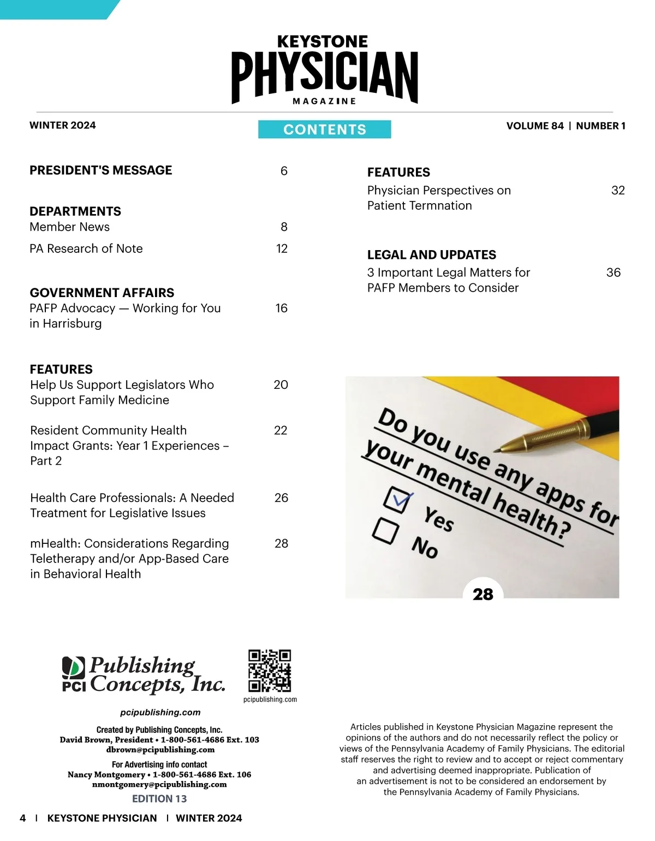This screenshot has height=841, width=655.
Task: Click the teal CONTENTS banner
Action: click(324, 129)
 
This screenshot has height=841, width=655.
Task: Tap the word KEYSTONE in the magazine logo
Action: click(323, 42)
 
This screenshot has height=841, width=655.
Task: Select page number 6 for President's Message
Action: click(284, 171)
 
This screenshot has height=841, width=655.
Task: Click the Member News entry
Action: click(69, 227)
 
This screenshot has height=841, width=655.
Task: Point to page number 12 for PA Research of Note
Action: click(282, 248)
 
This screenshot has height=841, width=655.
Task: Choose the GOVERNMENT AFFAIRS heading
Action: click(102, 293)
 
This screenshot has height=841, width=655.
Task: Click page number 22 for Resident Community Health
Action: click(281, 430)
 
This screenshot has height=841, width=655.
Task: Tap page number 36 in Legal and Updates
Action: click(614, 273)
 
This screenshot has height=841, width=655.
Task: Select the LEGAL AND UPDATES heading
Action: click(431, 254)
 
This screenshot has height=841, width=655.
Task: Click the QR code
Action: click(270, 671)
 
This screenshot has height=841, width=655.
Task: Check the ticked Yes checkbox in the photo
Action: click(397, 500)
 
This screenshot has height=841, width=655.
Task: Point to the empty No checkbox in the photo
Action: click(385, 530)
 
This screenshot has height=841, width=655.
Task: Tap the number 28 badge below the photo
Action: click(483, 594)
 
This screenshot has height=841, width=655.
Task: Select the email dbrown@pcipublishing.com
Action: click(160, 750)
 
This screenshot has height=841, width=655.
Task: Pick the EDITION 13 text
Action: click(159, 798)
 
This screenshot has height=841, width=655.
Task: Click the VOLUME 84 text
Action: click(534, 126)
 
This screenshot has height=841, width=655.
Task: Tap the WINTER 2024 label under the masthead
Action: click(62, 125)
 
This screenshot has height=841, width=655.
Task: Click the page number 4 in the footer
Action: click(22, 818)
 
